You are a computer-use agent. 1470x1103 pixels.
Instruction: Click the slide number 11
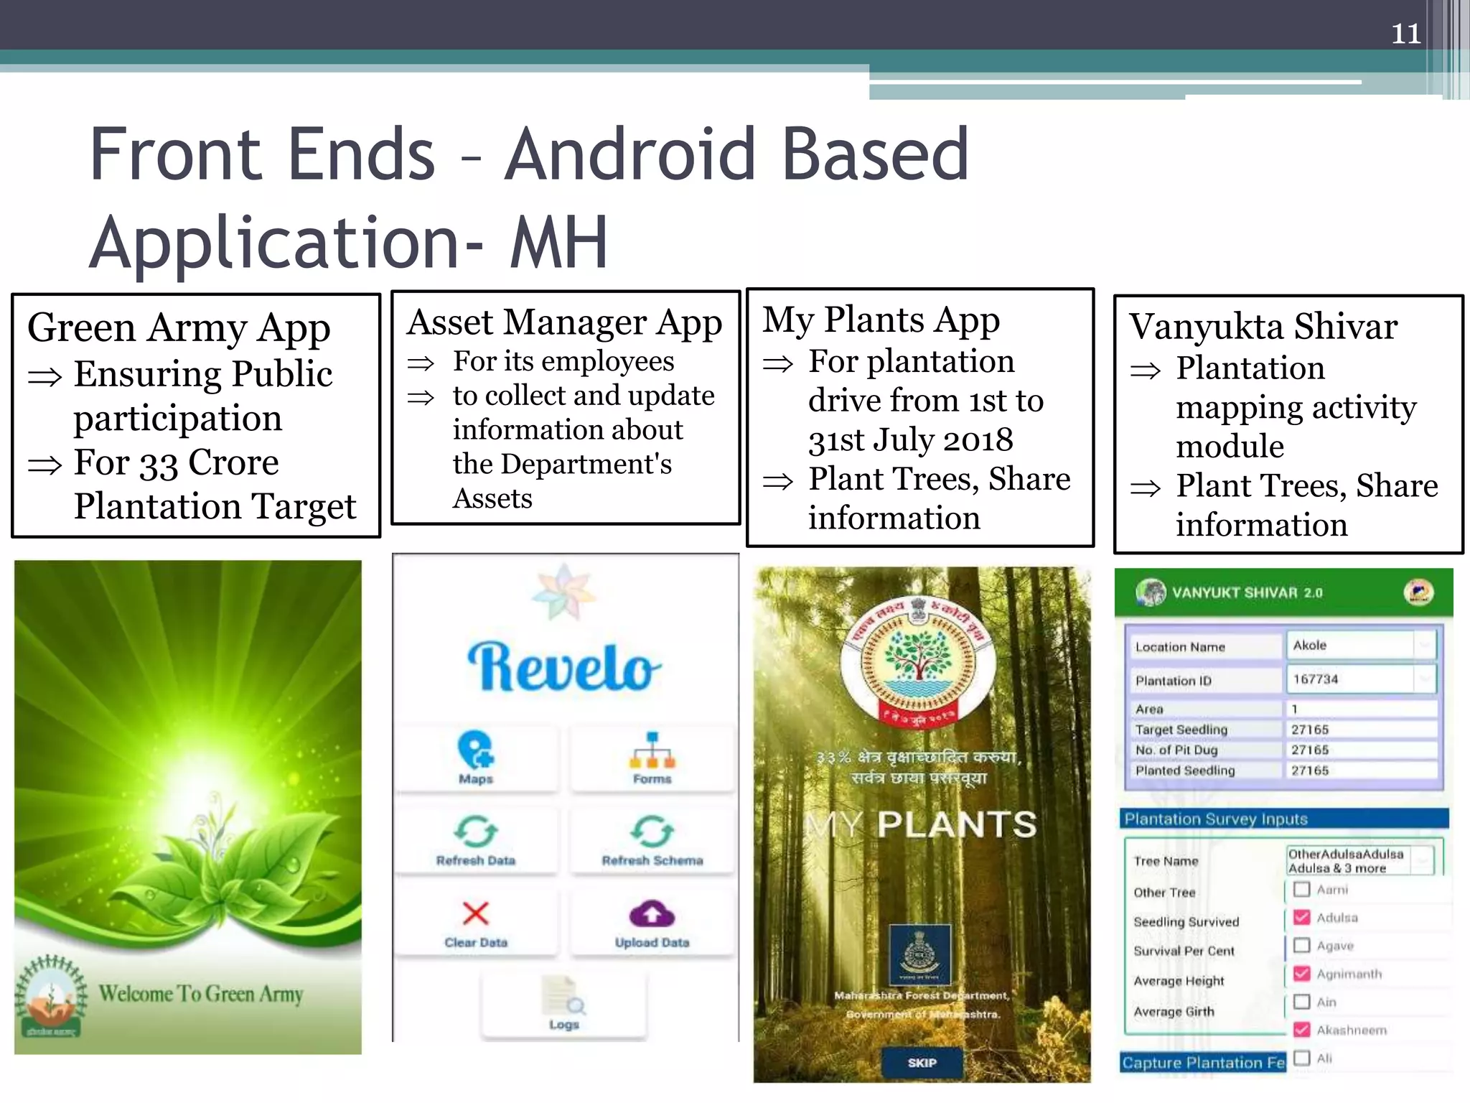1405,34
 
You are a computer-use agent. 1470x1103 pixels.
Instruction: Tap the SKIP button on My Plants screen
922,1063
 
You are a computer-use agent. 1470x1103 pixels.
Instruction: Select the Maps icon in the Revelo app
475,750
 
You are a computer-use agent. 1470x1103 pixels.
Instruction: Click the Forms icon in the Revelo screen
652,750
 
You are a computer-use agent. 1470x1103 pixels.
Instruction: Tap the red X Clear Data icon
475,913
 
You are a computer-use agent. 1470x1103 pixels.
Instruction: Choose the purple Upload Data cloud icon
652,914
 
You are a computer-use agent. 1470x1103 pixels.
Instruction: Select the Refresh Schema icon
652,832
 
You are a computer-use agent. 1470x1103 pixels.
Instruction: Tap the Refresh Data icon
475,832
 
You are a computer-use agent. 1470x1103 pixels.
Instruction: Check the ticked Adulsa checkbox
1301,917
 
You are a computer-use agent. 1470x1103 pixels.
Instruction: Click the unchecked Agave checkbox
1301,945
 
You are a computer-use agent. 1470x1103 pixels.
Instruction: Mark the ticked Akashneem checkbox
1301,1030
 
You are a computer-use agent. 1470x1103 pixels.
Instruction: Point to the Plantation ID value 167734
1316,679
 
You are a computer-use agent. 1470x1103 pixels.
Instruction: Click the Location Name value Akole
1310,645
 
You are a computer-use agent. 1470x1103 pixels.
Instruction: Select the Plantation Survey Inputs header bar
1283,819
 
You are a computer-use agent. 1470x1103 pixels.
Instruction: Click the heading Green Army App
179,328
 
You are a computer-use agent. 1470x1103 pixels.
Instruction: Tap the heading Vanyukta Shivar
1263,327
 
